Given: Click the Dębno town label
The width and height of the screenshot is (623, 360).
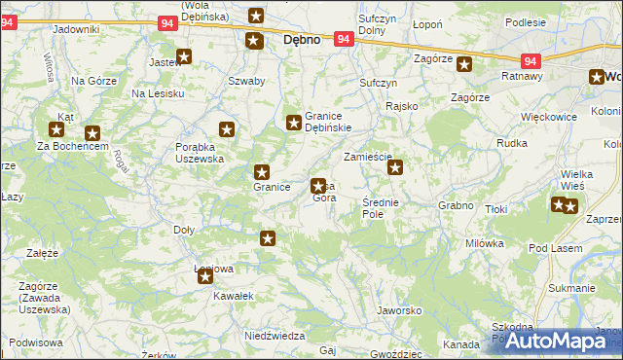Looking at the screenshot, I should (x=302, y=42).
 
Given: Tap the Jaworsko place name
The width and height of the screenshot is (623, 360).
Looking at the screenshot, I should (x=398, y=310).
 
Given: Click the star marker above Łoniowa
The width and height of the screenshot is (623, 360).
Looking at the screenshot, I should (x=205, y=276).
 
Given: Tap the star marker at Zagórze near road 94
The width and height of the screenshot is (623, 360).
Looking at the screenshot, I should (x=464, y=65).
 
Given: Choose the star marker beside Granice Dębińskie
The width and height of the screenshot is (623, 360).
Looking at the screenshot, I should (x=293, y=123).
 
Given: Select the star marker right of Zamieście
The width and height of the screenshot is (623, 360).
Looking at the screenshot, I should (x=395, y=167).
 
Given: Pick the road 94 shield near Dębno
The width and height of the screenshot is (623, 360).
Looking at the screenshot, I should (x=343, y=39).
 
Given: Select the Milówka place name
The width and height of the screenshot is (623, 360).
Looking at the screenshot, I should (x=484, y=243).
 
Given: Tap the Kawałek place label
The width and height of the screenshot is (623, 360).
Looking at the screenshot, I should (x=234, y=295).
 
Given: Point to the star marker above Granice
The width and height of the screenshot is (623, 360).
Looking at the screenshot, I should (x=261, y=170).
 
